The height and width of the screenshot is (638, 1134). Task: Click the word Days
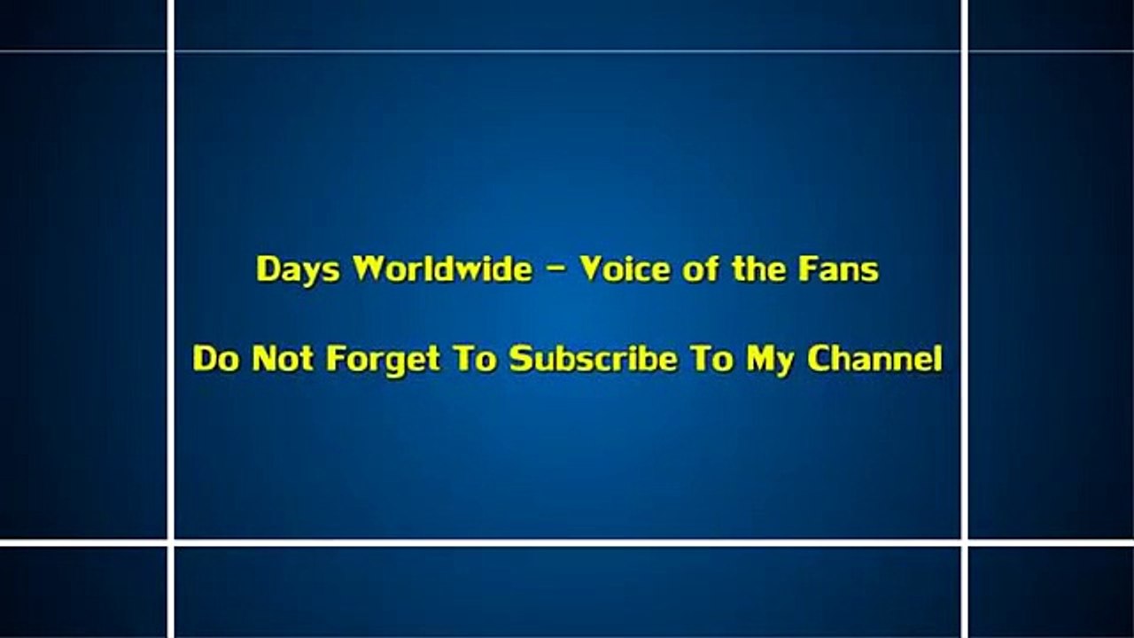(x=298, y=270)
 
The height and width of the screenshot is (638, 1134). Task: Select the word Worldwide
(x=442, y=268)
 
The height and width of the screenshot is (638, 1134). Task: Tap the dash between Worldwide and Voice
(x=555, y=270)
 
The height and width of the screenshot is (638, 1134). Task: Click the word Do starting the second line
(x=216, y=359)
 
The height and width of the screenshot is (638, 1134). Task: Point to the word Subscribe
(x=594, y=359)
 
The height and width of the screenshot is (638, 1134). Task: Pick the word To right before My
(x=711, y=359)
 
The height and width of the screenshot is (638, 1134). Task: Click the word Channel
(x=874, y=359)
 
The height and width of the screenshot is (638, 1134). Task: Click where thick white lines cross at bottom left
(x=171, y=542)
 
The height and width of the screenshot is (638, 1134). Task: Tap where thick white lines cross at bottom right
(x=965, y=542)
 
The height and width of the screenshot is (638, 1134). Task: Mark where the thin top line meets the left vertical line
(x=171, y=51)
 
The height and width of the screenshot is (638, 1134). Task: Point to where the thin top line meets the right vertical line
(x=965, y=51)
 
